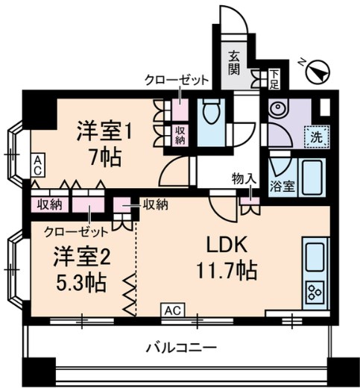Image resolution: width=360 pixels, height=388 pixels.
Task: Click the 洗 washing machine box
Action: click(x=315, y=137)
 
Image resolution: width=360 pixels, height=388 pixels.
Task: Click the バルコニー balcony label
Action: click(x=180, y=347)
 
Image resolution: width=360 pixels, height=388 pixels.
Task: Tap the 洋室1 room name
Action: click(x=105, y=133)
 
